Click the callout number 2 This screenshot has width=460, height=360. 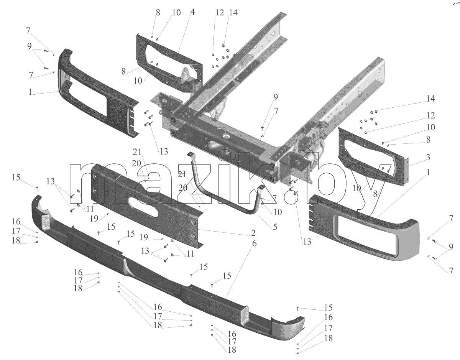tap(253, 233)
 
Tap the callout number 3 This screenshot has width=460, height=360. tap(428, 157)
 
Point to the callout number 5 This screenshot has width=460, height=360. tap(275, 227)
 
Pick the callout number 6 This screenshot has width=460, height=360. tap(254, 243)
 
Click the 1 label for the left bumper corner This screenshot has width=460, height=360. tap(30, 92)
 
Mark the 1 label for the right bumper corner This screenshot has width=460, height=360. tap(429, 172)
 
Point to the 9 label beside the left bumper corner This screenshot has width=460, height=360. tap(30, 46)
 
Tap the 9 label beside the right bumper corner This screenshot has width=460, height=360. tap(451, 247)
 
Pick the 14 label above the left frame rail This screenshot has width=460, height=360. tap(233, 13)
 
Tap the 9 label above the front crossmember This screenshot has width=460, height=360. tap(275, 97)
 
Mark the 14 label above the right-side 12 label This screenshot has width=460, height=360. tap(430, 99)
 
